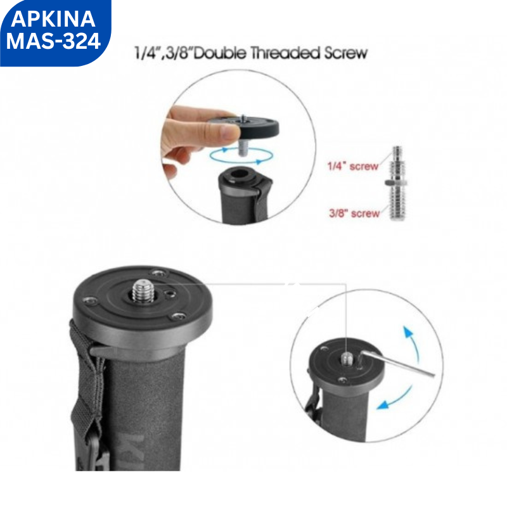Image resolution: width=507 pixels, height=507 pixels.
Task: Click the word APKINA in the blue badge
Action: [x=53, y=19]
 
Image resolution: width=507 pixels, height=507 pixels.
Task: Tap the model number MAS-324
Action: [x=53, y=41]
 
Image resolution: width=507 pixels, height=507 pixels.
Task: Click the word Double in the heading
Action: [x=220, y=53]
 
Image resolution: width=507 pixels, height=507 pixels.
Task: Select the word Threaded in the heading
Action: [x=285, y=53]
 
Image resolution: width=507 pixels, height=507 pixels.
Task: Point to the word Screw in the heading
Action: [x=346, y=53]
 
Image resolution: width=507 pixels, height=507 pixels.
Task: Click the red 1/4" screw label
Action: [x=353, y=166]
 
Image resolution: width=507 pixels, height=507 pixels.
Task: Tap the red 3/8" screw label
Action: [x=354, y=214]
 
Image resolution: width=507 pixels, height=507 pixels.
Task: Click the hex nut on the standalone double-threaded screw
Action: [x=395, y=183]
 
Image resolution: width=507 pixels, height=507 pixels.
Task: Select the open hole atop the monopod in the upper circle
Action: [x=240, y=173]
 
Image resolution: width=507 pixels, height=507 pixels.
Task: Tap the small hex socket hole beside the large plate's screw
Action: [x=169, y=293]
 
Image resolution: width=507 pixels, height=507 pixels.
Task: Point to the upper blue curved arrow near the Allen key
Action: [x=414, y=342]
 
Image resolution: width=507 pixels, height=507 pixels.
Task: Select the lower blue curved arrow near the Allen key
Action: [x=395, y=399]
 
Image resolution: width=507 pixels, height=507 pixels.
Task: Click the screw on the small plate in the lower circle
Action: [x=347, y=358]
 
